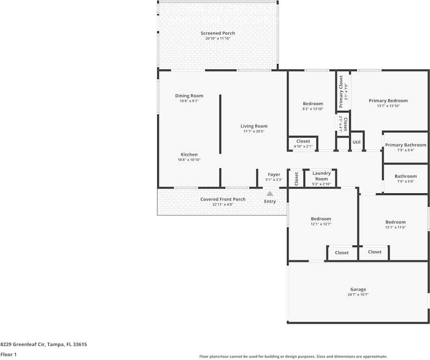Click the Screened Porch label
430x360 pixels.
pyautogui.click(x=218, y=33)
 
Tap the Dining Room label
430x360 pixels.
pyautogui.click(x=189, y=96)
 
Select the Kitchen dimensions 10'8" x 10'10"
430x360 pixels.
pyautogui.click(x=189, y=160)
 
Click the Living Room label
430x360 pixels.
pyautogui.click(x=254, y=126)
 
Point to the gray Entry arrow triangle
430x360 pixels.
pyautogui.click(x=270, y=194)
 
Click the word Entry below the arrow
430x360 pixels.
pyautogui.click(x=270, y=201)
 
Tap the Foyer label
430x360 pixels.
pyautogui.click(x=274, y=174)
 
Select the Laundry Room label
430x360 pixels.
pyautogui.click(x=321, y=176)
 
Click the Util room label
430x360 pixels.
pyautogui.click(x=356, y=142)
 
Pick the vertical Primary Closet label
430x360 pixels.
pyautogui.click(x=341, y=92)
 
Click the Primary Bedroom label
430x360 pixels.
pyautogui.click(x=388, y=101)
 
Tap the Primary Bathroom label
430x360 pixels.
pyautogui.click(x=406, y=145)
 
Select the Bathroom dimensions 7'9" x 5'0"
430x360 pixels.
pyautogui.click(x=406, y=181)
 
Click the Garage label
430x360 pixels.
pyautogui.click(x=358, y=289)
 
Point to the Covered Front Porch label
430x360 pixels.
pyautogui.click(x=223, y=199)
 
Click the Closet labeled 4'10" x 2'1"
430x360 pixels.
pyautogui.click(x=303, y=141)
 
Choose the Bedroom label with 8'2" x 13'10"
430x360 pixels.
pyautogui.click(x=313, y=104)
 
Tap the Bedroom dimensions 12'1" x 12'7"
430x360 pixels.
pyautogui.click(x=321, y=224)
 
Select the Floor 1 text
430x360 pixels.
pyautogui.click(x=8, y=354)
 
